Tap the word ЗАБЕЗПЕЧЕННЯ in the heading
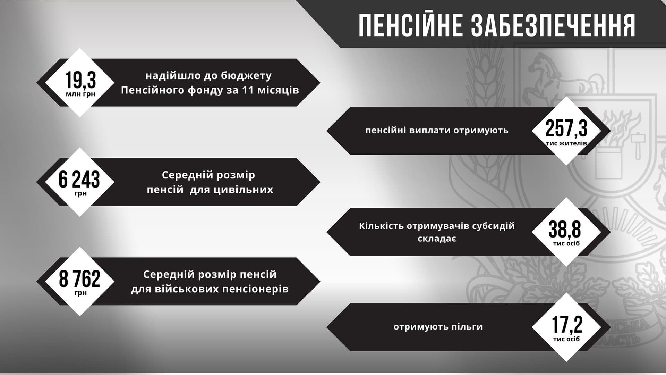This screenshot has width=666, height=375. [x=553, y=26]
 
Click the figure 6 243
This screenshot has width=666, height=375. [x=79, y=179]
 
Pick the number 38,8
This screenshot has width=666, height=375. [x=565, y=229]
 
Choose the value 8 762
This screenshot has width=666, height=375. [x=80, y=278]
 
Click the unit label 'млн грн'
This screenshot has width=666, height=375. [x=80, y=94]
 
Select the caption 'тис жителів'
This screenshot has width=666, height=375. [x=566, y=143]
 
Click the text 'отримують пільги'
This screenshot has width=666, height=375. [x=438, y=327]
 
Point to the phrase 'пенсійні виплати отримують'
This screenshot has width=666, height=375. [x=437, y=131]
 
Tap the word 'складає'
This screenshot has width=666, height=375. [x=437, y=239]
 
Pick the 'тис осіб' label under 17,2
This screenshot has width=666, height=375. [x=566, y=339]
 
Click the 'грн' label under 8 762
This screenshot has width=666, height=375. [x=80, y=293]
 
